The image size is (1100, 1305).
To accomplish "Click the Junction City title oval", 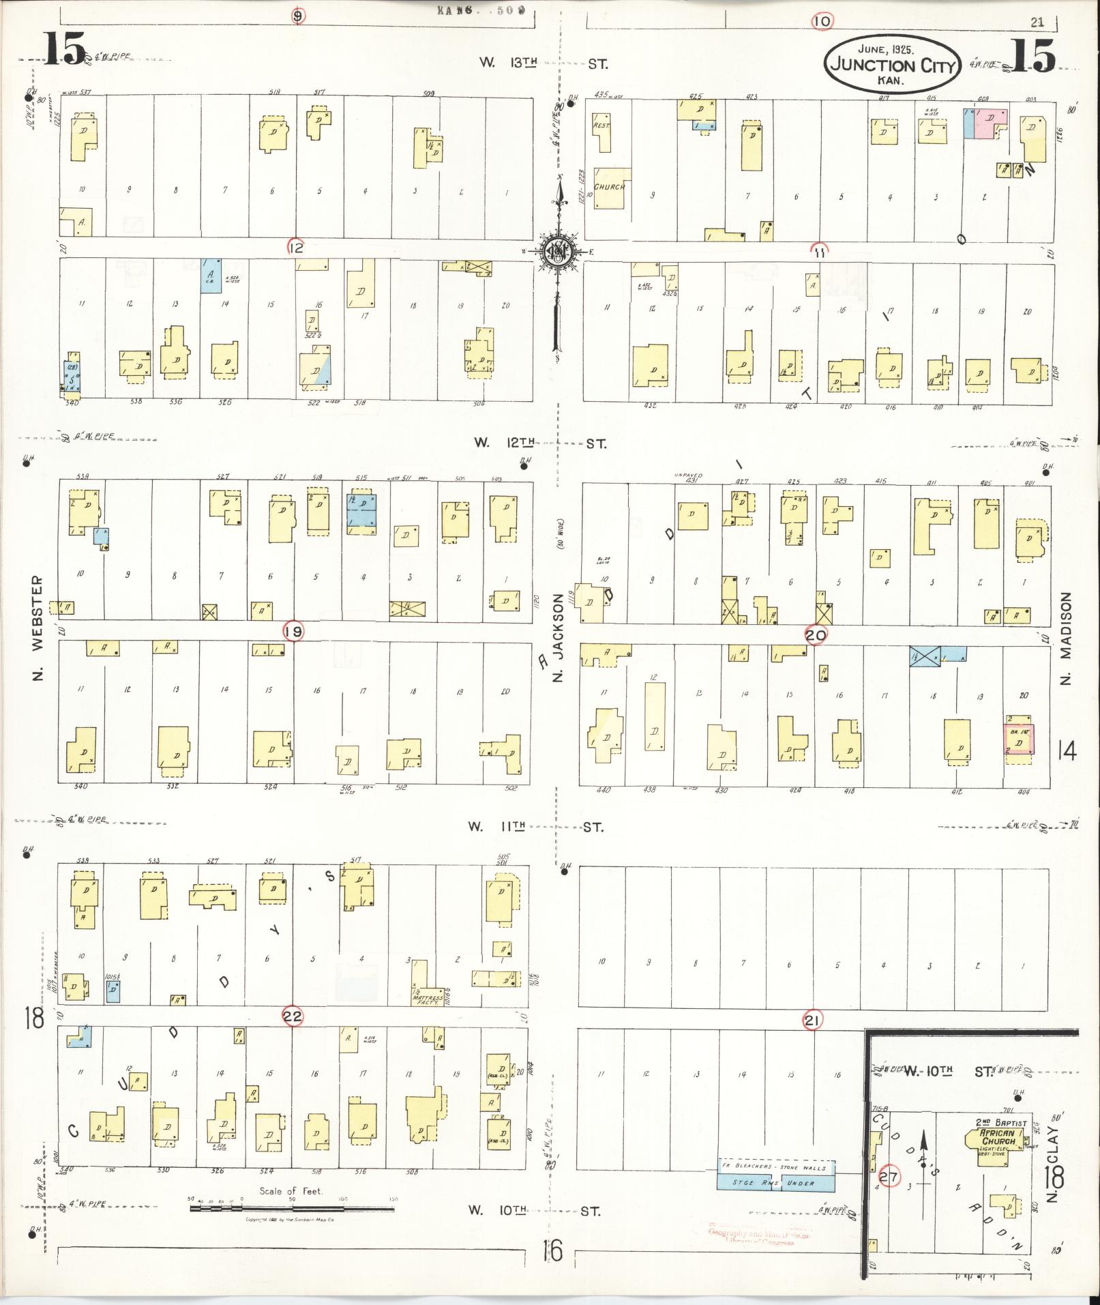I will tap(893, 66).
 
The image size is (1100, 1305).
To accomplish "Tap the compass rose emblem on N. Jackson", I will tap(558, 252).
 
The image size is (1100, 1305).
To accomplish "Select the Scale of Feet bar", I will tap(291, 1209).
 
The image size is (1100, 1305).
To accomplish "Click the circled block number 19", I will tap(294, 632).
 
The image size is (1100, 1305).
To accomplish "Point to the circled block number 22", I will tap(293, 1017).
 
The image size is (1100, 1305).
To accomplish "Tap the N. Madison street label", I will tap(1067, 637).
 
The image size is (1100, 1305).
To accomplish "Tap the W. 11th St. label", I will tap(535, 827).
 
